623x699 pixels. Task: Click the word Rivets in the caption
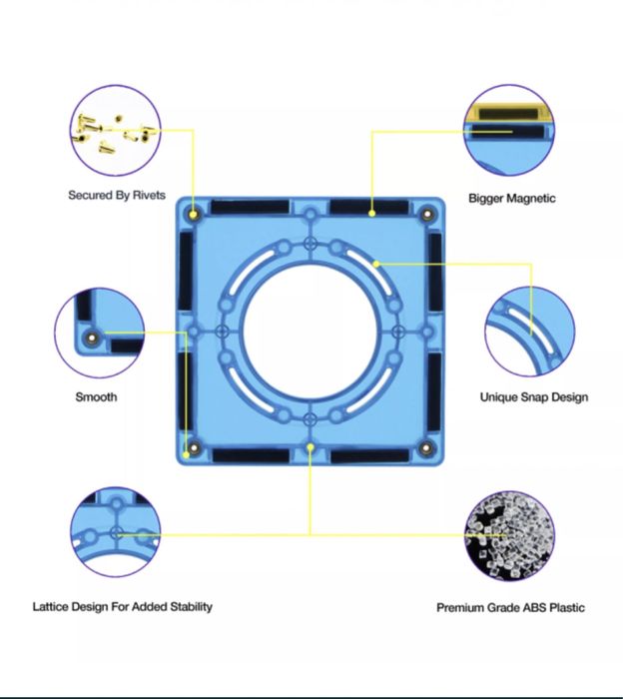[149, 196]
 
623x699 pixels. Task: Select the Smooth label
[96, 396]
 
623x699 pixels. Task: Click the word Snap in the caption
[533, 396]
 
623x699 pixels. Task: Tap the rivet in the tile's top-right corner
[427, 215]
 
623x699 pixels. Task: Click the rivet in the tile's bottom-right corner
[426, 448]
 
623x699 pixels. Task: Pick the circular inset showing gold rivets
[116, 130]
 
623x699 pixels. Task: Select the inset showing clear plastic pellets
[509, 535]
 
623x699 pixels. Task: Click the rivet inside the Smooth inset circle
[92, 339]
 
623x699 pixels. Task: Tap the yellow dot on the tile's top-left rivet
[193, 215]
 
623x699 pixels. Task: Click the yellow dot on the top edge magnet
[372, 214]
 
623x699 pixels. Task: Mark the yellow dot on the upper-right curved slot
[376, 264]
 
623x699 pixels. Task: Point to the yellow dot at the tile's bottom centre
[311, 446]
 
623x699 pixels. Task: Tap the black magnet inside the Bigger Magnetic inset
[508, 132]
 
